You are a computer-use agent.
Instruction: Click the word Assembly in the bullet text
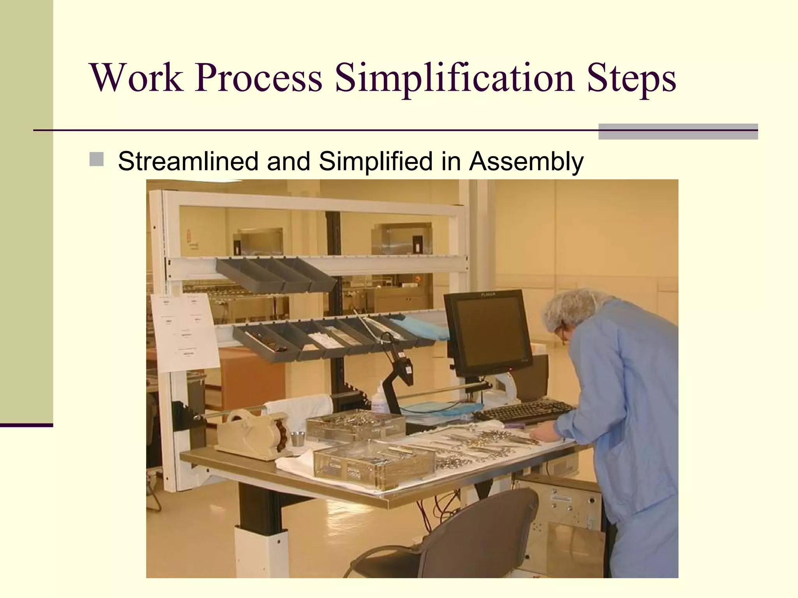pyautogui.click(x=526, y=161)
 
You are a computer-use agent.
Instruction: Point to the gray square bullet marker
pyautogui.click(x=96, y=160)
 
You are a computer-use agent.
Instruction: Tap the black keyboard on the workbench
pyautogui.click(x=524, y=411)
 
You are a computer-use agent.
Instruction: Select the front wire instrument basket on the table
pyautogui.click(x=374, y=463)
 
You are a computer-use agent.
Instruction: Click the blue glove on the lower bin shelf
pyautogui.click(x=425, y=327)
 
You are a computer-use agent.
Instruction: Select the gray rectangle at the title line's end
pyautogui.click(x=678, y=131)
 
